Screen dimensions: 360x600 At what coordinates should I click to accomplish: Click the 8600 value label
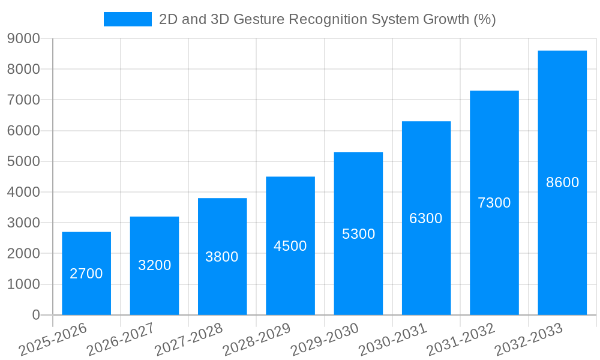click(x=562, y=182)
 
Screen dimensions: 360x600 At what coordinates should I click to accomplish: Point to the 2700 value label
click(x=86, y=274)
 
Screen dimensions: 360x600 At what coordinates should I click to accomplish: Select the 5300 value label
click(x=358, y=234)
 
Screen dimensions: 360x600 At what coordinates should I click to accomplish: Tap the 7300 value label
click(x=494, y=203)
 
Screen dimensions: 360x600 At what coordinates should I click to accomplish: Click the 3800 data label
click(x=222, y=257)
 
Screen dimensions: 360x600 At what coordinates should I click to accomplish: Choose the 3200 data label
click(x=154, y=265)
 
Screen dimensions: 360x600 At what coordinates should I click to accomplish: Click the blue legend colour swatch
click(x=127, y=19)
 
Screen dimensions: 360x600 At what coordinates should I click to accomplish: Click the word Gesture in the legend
click(x=261, y=19)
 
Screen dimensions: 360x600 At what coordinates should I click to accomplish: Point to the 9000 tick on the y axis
click(x=23, y=39)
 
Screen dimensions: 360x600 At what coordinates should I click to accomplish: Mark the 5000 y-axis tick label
click(x=23, y=162)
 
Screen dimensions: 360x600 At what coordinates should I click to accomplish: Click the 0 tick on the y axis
click(x=35, y=315)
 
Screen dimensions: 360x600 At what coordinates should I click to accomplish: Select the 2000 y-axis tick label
click(x=23, y=254)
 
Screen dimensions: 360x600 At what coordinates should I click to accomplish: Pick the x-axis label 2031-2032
click(x=461, y=339)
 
